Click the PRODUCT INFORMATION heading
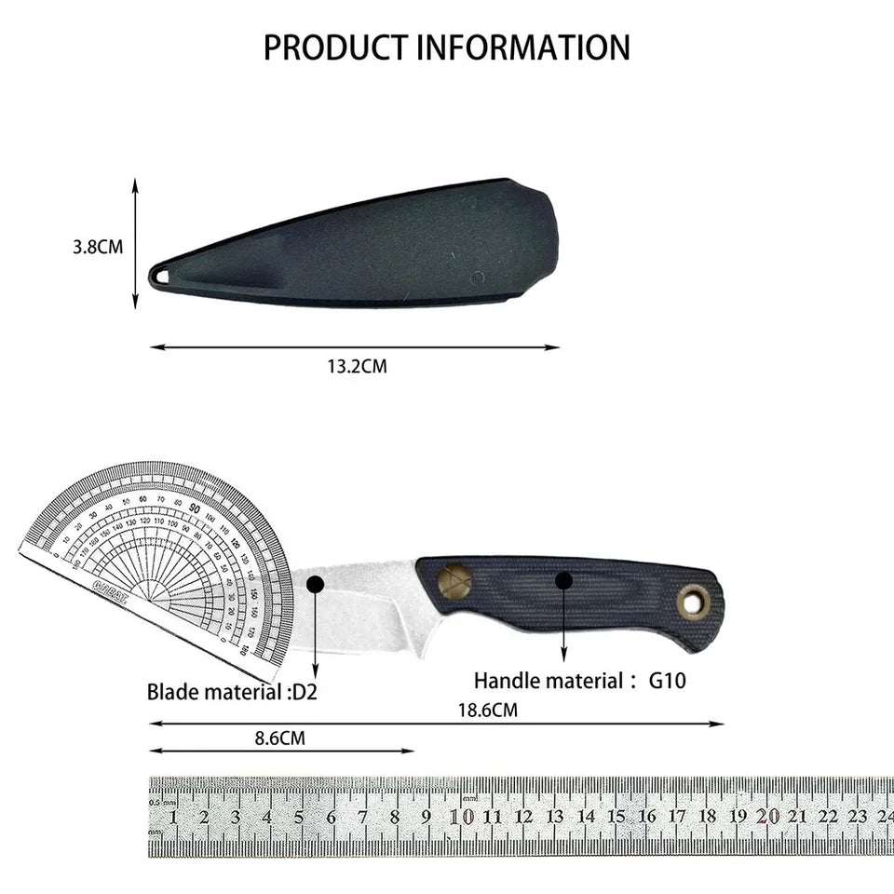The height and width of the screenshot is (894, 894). click(446, 47)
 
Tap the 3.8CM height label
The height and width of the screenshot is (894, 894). click(98, 247)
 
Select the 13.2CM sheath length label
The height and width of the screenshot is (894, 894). click(356, 366)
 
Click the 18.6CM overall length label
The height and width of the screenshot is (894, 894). click(487, 710)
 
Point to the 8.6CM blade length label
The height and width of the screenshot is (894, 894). click(279, 738)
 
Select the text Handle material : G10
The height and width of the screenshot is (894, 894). click(579, 681)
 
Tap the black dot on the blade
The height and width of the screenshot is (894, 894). click(315, 585)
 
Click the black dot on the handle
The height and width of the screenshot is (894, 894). click(563, 581)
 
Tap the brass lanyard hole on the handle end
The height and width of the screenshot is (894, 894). click(692, 602)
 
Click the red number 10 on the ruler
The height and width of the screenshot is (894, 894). click(461, 817)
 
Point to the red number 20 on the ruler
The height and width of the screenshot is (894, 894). click(767, 816)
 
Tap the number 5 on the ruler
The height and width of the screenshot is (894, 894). click(299, 818)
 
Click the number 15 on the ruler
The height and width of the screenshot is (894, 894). click(616, 817)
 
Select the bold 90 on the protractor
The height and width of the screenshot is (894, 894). click(195, 509)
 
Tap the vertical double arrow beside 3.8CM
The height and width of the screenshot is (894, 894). click(135, 244)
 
